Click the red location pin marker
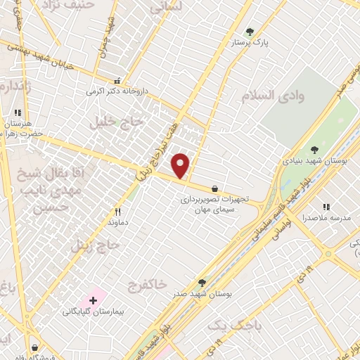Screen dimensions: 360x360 [181, 166]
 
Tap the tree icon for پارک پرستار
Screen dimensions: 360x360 [250, 32]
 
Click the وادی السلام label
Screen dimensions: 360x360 [274, 97]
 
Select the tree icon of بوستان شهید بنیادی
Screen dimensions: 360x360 [314, 148]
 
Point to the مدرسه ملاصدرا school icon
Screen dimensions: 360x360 [326, 207]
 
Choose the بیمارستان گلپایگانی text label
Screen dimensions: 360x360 [86, 311]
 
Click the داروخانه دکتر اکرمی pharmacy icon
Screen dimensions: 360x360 [117, 81]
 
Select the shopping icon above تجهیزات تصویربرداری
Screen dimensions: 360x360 [214, 188]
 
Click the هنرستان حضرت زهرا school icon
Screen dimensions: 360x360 [18, 112]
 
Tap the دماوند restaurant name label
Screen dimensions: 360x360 [118, 221]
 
